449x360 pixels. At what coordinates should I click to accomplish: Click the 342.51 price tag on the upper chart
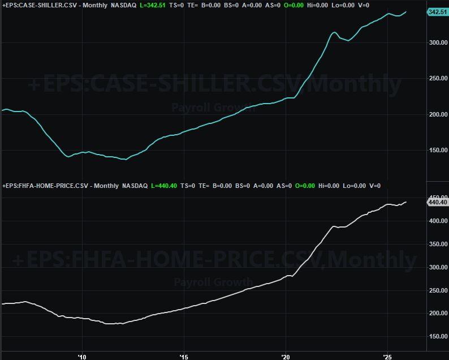click(x=438, y=12)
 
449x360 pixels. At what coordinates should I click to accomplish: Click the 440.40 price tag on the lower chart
click(x=438, y=202)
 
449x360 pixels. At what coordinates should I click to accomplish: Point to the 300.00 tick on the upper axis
click(x=438, y=42)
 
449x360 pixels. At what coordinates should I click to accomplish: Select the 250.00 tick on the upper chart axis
click(x=438, y=79)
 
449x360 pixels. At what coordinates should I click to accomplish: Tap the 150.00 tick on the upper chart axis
click(x=438, y=151)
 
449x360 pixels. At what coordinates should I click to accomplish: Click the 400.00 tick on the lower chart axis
click(x=438, y=221)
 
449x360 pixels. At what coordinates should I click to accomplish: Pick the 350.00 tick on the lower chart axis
click(x=438, y=245)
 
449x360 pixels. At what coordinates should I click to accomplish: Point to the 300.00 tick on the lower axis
click(x=438, y=267)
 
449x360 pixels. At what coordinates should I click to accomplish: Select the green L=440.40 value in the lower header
click(x=165, y=186)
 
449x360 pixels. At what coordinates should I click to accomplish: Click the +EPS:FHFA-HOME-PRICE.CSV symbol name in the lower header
click(x=46, y=186)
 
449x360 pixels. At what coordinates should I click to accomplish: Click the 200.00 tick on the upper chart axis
click(x=438, y=114)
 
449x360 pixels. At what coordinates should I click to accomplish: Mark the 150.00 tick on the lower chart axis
click(x=438, y=337)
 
